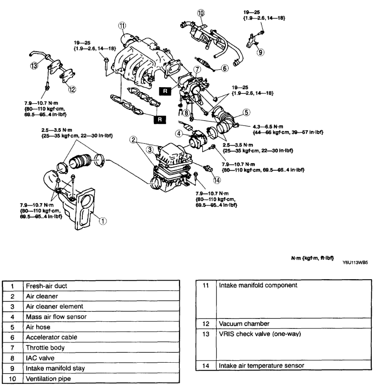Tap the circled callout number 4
[178, 133]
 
